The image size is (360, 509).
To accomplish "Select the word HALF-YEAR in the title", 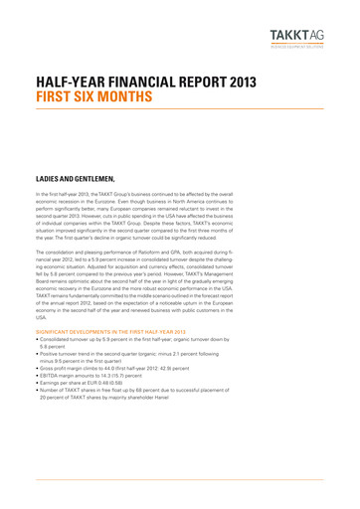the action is point(70,85).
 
